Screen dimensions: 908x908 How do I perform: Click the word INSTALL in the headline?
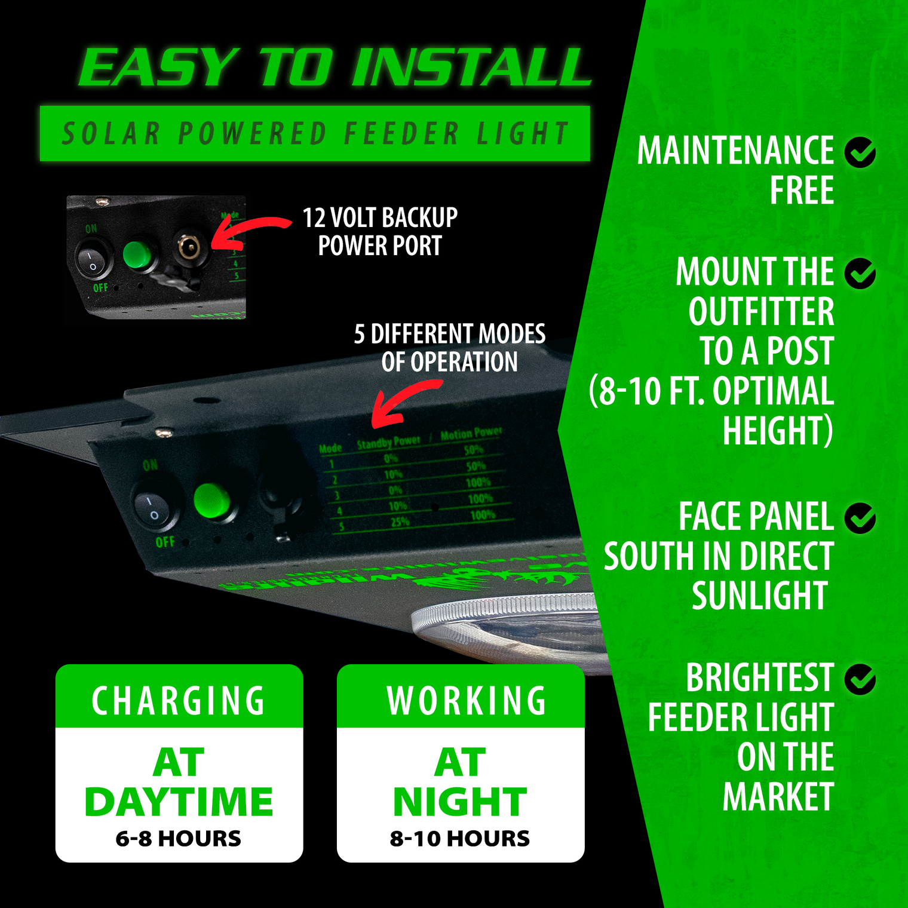[472, 67]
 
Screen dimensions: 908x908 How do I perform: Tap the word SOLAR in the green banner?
[111, 133]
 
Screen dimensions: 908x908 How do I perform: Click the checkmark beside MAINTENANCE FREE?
[860, 152]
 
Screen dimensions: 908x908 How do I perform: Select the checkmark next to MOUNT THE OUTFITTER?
[860, 274]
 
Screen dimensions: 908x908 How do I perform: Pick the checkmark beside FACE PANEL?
[860, 517]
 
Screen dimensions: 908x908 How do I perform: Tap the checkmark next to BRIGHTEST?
[860, 679]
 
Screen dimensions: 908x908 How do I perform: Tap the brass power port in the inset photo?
[189, 246]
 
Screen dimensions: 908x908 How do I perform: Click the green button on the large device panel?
[211, 501]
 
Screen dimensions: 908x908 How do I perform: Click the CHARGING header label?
[179, 700]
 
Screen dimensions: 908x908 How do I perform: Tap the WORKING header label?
[466, 700]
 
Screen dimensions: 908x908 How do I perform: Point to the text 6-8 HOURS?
[179, 839]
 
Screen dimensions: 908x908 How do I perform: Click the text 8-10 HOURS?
[460, 839]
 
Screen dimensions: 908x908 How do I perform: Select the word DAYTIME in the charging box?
[179, 802]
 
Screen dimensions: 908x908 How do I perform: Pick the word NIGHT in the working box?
[460, 802]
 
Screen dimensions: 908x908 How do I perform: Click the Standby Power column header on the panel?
[388, 443]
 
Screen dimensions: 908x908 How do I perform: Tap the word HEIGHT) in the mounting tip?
[778, 430]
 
